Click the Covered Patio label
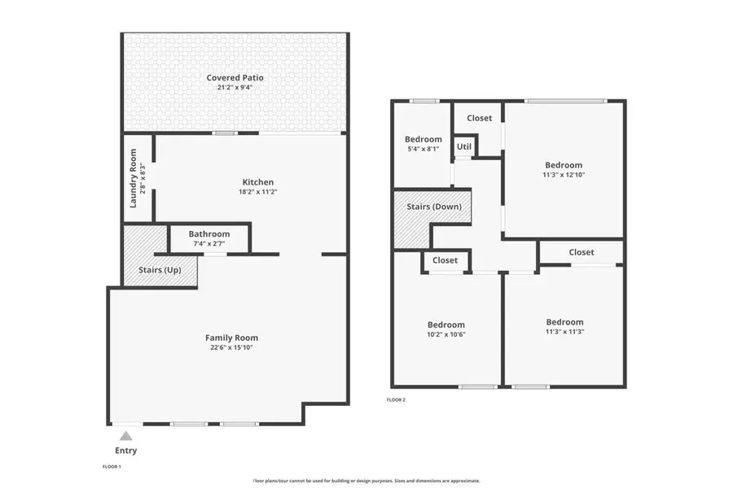[235, 78]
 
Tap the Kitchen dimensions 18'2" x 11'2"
[257, 193]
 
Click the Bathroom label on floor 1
[209, 234]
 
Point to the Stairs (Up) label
[160, 270]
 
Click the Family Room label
[231, 338]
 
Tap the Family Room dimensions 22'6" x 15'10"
[231, 347]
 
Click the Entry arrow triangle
[125, 437]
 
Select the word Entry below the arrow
[125, 451]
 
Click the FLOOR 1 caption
[111, 467]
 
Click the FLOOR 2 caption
[396, 399]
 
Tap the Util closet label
[463, 147]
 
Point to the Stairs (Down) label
[434, 207]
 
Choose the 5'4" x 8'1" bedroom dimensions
[424, 149]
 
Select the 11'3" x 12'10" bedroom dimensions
[564, 174]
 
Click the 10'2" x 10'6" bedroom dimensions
[446, 334]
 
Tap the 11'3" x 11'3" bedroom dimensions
[564, 331]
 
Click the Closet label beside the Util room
[479, 118]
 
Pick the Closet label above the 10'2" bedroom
[445, 260]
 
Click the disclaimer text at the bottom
[366, 480]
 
